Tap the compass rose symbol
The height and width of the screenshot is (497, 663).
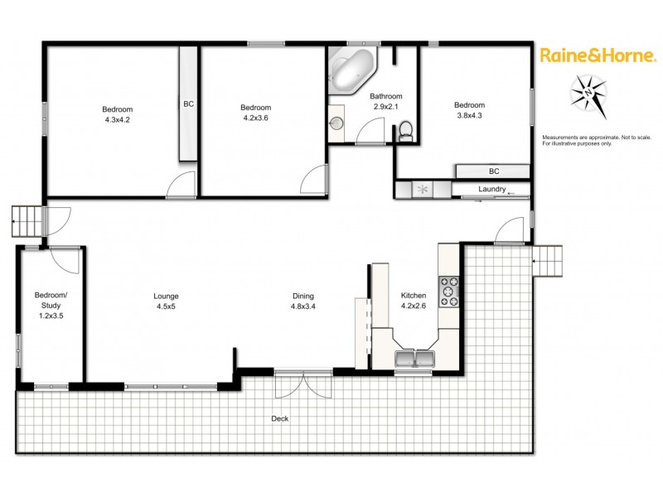tap(588, 93)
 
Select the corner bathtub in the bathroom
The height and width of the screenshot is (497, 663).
tap(351, 73)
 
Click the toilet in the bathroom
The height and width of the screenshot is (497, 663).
tap(405, 131)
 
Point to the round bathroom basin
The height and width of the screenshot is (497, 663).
tap(336, 124)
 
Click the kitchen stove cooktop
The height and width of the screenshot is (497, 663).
tap(448, 292)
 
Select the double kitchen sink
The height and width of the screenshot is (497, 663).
tap(414, 359)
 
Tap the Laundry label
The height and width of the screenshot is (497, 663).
tap(492, 190)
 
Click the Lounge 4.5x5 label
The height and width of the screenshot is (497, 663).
tap(166, 301)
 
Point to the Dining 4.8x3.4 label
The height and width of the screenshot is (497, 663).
tap(302, 301)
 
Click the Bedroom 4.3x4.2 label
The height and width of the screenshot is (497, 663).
tap(117, 114)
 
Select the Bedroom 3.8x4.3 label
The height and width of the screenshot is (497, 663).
tap(468, 110)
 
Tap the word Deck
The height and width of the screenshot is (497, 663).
tap(279, 418)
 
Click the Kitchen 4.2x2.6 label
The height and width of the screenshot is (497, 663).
tap(414, 301)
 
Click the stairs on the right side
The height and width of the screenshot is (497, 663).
tap(547, 261)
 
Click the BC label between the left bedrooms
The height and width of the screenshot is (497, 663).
tap(188, 104)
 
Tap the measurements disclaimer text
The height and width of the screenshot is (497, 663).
tap(588, 140)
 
